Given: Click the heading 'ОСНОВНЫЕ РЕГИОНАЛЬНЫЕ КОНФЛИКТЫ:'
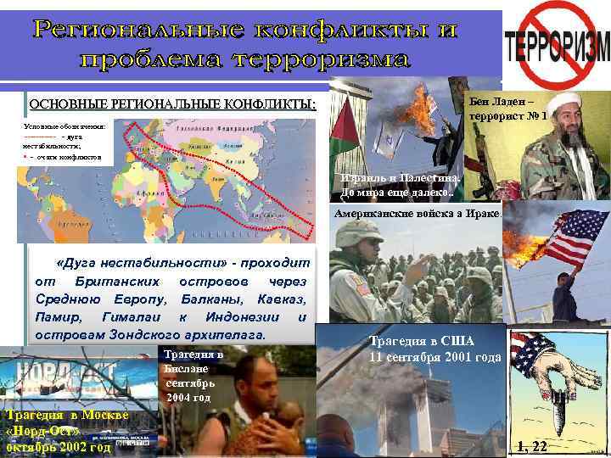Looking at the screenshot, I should point(172,106).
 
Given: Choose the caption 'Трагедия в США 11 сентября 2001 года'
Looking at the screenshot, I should point(434,349).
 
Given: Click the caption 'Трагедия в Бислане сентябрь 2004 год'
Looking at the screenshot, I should point(193,375).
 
